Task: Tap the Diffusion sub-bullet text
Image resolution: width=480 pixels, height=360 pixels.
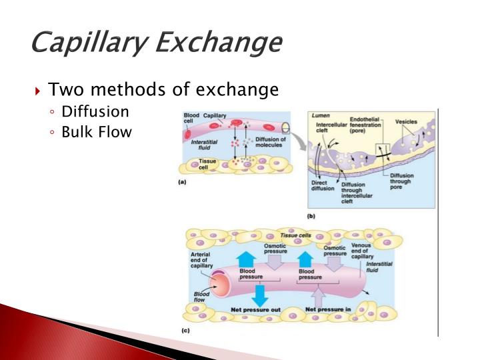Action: click(x=95, y=111)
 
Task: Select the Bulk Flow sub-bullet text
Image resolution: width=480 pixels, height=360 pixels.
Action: click(x=97, y=132)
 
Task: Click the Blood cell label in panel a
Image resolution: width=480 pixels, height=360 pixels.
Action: click(x=191, y=118)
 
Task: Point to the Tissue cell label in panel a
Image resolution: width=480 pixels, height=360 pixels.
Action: click(x=207, y=164)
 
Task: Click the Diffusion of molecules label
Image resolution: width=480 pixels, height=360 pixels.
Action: click(x=270, y=143)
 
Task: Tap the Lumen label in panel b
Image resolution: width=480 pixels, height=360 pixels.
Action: click(x=321, y=115)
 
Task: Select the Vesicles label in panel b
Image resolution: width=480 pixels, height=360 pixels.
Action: click(x=405, y=122)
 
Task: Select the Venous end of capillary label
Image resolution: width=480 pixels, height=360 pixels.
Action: click(x=381, y=251)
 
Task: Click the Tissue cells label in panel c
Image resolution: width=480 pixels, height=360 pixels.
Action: click(x=295, y=235)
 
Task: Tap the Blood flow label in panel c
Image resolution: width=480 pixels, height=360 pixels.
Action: click(x=200, y=297)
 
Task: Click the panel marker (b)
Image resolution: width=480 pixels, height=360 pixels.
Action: click(x=311, y=216)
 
